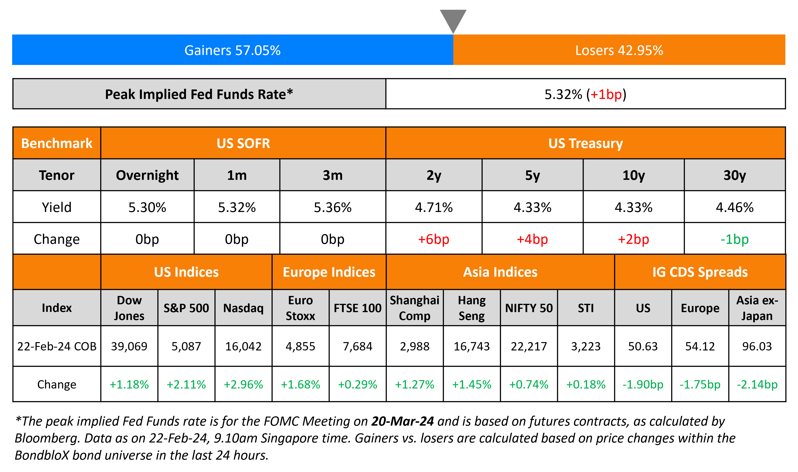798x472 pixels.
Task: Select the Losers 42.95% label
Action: tap(619, 50)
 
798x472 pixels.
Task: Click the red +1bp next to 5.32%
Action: tap(606, 94)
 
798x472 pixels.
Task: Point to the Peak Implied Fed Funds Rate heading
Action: tap(199, 94)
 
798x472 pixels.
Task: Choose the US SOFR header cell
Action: tap(243, 143)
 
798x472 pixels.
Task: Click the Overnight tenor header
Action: tap(147, 175)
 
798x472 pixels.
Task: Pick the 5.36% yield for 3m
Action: tap(332, 207)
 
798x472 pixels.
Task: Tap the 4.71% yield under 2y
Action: tap(434, 207)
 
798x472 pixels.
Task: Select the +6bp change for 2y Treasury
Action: tap(434, 239)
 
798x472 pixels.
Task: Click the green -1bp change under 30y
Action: tap(734, 239)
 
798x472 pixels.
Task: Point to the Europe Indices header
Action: tap(329, 272)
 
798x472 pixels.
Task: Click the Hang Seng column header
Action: tap(471, 308)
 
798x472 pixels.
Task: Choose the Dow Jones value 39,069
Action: tap(129, 346)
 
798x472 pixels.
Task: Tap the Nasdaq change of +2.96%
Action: tap(243, 384)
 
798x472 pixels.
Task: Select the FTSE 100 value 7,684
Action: tap(358, 346)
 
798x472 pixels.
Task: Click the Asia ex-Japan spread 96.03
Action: tap(757, 346)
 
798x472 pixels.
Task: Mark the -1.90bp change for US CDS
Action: tap(643, 384)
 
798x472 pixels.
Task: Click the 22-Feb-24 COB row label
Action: tap(57, 346)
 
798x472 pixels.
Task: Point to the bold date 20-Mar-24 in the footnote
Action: tap(402, 421)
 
